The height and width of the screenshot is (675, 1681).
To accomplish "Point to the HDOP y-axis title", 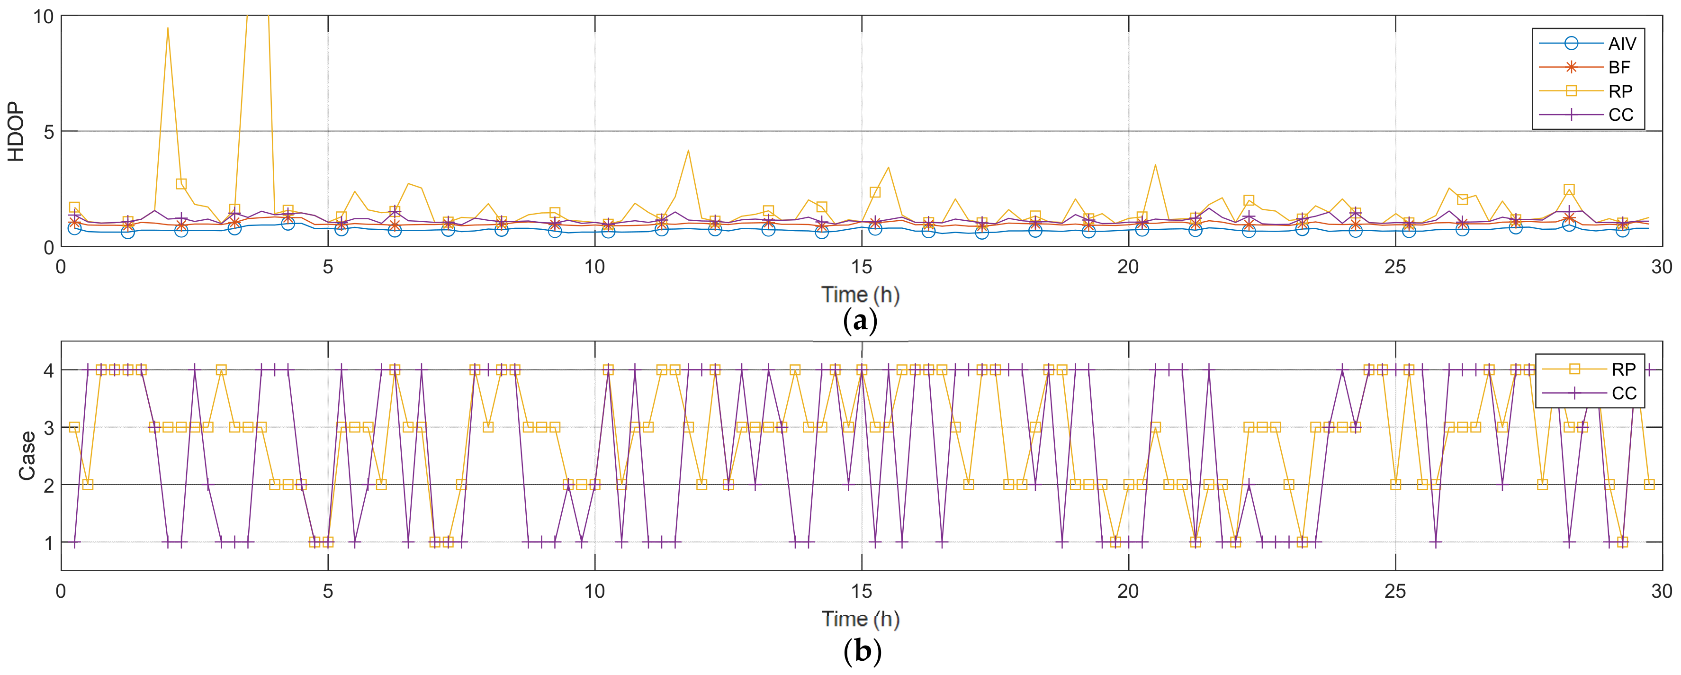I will coord(16,131).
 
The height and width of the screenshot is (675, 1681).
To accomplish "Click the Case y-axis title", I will coord(27,456).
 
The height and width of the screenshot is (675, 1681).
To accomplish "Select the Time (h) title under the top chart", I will coord(860,295).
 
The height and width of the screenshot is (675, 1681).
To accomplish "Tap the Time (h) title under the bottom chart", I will coord(860,618).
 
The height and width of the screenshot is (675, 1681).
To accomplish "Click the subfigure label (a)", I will coord(860,321).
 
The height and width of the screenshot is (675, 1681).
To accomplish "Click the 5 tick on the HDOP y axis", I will coord(48,132).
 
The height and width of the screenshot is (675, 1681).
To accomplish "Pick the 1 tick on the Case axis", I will coord(48,542).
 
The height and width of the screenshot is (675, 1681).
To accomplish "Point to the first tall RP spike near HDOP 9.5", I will coord(168,29).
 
